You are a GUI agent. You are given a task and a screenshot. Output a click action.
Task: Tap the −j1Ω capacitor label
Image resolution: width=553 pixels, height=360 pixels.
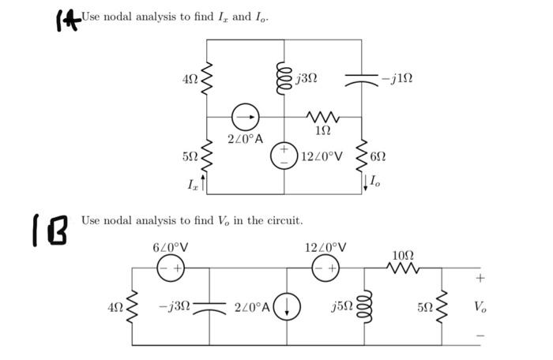(396, 78)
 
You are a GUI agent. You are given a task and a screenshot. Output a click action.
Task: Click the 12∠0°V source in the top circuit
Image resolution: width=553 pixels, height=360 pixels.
(284, 156)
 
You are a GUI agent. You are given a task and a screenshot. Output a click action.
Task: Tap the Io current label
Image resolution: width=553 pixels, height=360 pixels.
(374, 182)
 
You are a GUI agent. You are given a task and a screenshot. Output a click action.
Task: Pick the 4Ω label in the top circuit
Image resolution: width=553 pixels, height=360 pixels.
(190, 79)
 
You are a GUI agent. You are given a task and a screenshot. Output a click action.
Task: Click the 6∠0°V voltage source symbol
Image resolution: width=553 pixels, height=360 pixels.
(171, 268)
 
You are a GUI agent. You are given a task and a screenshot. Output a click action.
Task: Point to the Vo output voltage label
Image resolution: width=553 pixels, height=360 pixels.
(480, 306)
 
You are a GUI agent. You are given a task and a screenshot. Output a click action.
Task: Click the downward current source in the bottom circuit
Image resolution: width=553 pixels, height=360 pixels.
(286, 306)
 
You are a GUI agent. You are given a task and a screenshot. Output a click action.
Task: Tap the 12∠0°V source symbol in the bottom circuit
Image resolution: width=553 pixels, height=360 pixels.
(324, 268)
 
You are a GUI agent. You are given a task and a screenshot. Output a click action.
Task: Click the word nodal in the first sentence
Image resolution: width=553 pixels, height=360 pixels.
(113, 17)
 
